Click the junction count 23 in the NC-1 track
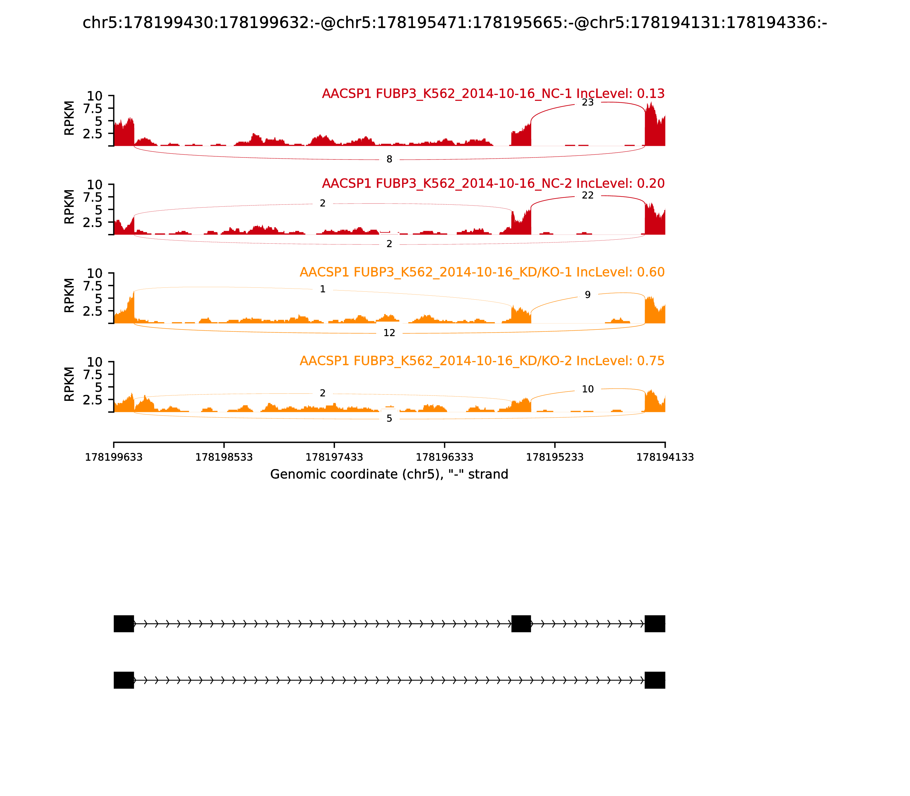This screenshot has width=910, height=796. click(588, 103)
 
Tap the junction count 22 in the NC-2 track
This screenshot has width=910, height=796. click(588, 196)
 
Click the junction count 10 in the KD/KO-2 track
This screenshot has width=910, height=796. click(588, 389)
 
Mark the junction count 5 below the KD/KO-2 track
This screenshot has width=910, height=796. click(389, 418)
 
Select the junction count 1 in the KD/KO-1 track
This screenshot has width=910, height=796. click(322, 289)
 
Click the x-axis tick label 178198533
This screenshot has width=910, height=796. click(224, 457)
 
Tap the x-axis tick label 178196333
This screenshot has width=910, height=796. click(444, 457)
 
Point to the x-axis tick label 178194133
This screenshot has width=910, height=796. click(665, 457)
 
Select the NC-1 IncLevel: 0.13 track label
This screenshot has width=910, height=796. click(493, 94)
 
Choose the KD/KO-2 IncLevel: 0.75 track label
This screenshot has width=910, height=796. click(482, 361)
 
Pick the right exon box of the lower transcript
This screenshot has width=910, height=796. click(655, 680)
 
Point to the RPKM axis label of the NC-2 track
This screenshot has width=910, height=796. click(69, 207)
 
